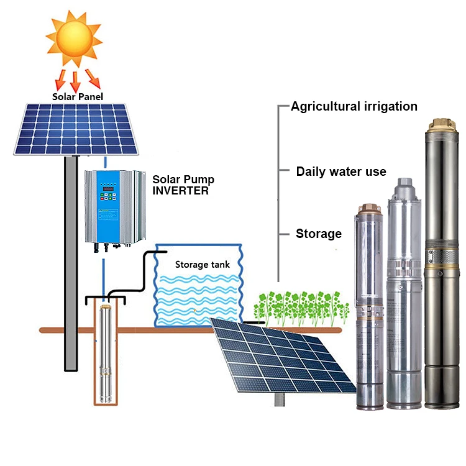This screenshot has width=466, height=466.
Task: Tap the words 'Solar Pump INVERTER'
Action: pos(183,185)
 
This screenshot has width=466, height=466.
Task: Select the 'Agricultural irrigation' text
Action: pos(354,106)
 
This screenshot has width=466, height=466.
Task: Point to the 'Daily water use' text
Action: pos(341,171)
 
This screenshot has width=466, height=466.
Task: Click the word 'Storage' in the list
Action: pos(319,234)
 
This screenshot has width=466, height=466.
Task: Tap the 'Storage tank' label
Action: pos(202,265)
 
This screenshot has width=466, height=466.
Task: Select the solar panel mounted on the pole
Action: pos(76,129)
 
